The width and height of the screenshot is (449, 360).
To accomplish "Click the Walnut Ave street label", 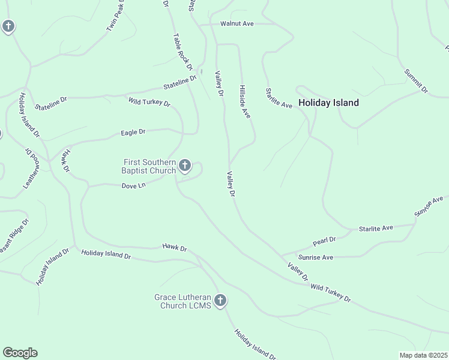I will tap(237, 23).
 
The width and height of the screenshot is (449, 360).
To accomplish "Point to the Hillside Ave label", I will tap(244, 100).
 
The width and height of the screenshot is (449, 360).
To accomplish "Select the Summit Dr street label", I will tap(416, 82).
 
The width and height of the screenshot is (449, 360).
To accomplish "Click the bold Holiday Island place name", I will tap(328, 103).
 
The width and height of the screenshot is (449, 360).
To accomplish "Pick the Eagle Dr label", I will tap(133, 132).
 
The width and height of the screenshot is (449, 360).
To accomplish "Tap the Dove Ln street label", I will tap(133, 186).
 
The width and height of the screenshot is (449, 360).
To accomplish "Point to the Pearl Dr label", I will tap(324, 241).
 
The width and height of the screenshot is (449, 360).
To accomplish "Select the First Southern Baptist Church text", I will tap(150, 166).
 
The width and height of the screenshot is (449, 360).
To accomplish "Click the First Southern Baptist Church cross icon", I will tap(185, 166).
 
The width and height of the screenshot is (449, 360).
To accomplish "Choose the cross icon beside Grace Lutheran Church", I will tap(220, 301).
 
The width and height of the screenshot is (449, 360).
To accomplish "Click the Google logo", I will tap(20, 353).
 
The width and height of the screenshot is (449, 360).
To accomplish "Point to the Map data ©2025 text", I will tap(423, 355).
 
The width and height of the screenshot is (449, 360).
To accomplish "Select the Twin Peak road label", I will tap(115, 18).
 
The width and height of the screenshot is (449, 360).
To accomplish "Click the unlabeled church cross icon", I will tap(8, 26).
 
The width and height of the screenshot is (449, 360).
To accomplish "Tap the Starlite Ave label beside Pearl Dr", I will tap(376, 228).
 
